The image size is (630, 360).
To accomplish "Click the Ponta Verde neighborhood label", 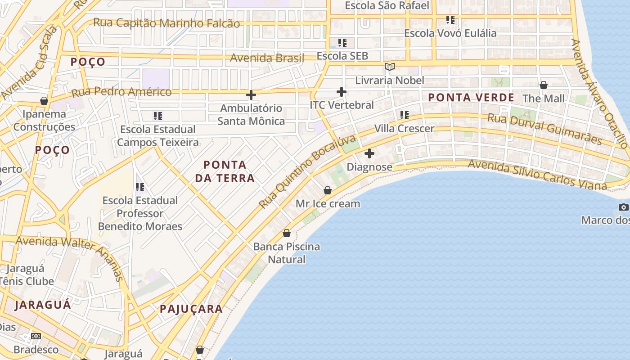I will coord(471,98).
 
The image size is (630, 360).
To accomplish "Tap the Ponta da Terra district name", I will coord(225,171).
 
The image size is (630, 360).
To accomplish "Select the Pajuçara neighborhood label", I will coord(191,309).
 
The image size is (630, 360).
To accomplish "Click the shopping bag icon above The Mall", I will coord(544,85).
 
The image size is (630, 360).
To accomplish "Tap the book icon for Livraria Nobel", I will coord(389,67).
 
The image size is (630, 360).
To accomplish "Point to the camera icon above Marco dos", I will coord(623,207).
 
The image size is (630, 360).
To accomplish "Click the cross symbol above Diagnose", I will coord(369,153).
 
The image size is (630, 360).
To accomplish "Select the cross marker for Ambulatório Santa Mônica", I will coord(251,94).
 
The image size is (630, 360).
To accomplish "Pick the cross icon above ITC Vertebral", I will coord(342,92).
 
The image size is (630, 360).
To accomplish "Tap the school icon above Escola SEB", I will coord(342,43).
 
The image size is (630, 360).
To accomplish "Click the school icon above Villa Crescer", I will coord(405,115).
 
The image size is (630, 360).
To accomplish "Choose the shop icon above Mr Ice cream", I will coord(328,190).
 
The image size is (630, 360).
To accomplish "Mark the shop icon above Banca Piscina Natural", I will coord(287,233).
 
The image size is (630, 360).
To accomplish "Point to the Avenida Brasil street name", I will coord(267,58).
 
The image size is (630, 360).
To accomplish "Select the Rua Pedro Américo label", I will coord(121,92).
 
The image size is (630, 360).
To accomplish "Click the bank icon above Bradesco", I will coord(36,336).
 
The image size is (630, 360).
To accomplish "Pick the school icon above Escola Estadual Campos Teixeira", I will coord(158,116).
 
